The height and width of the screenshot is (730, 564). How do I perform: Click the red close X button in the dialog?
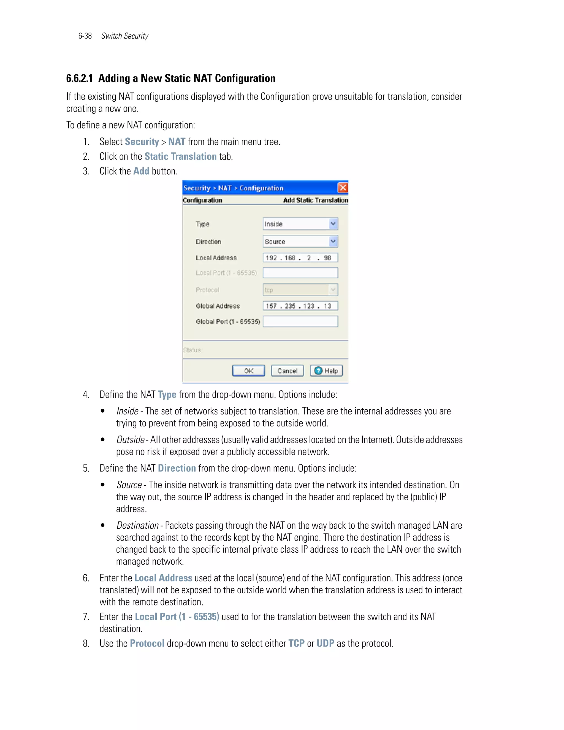[x=343, y=188]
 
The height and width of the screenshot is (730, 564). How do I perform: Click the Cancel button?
[x=287, y=371]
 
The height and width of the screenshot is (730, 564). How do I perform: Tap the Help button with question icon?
[x=326, y=371]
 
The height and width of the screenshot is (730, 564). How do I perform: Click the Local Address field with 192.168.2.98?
[x=300, y=258]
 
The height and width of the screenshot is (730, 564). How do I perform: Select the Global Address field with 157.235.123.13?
[x=300, y=306]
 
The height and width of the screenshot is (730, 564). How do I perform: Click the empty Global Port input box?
[x=300, y=321]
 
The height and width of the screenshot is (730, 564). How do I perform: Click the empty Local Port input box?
[x=300, y=273]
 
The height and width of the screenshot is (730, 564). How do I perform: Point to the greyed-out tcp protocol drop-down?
[x=300, y=290]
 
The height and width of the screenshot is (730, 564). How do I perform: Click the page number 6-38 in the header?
[x=85, y=36]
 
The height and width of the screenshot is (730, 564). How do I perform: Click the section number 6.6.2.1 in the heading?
[x=79, y=78]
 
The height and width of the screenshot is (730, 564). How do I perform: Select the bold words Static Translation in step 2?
[x=180, y=156]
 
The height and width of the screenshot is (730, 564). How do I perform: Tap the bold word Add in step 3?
[x=141, y=171]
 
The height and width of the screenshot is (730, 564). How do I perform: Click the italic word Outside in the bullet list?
[x=130, y=440]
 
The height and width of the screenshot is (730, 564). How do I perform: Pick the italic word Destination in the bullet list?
[x=137, y=525]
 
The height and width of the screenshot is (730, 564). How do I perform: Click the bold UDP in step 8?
[x=325, y=644]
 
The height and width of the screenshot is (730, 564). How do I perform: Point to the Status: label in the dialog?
[x=192, y=350]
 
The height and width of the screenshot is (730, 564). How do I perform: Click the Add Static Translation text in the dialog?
[x=315, y=200]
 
